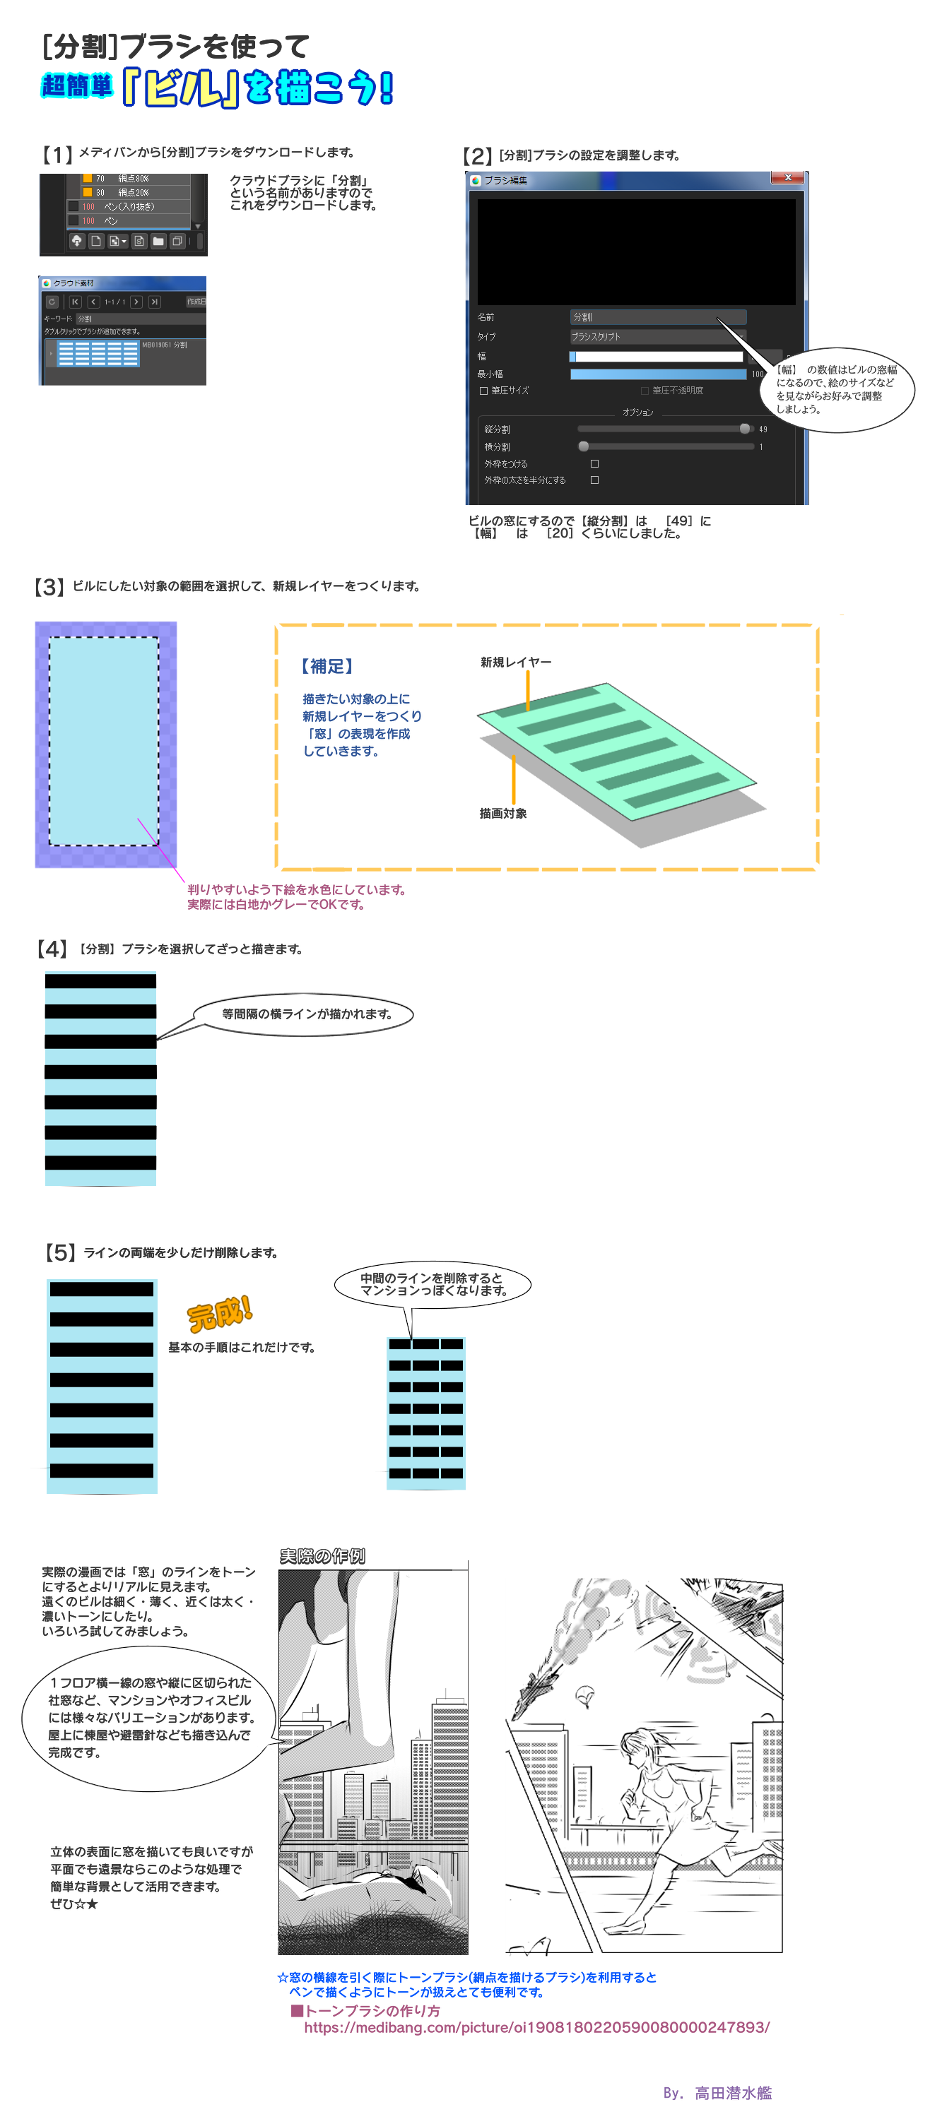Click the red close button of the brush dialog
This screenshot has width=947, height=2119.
coord(787,178)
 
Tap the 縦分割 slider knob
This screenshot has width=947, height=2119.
coord(745,429)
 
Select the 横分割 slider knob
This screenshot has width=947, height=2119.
coord(583,446)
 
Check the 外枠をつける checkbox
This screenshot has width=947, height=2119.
coord(594,464)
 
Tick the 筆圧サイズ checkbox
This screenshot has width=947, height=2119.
coord(484,391)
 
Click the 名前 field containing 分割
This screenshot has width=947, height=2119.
coord(657,316)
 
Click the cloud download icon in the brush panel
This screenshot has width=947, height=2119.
coord(76,241)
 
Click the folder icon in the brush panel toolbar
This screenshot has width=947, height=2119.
coord(158,241)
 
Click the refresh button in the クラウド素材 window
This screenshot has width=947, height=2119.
coord(52,302)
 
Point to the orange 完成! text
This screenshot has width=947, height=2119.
coord(219,1314)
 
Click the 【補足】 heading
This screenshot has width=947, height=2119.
coord(326,666)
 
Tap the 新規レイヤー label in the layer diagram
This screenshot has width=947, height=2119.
coord(516,663)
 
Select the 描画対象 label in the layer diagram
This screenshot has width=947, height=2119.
coord(502,814)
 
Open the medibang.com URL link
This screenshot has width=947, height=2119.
coord(536,2028)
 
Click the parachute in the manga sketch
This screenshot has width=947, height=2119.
coord(585,1694)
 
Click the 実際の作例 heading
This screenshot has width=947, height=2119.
coord(322,1555)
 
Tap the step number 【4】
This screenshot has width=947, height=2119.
coord(52,949)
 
